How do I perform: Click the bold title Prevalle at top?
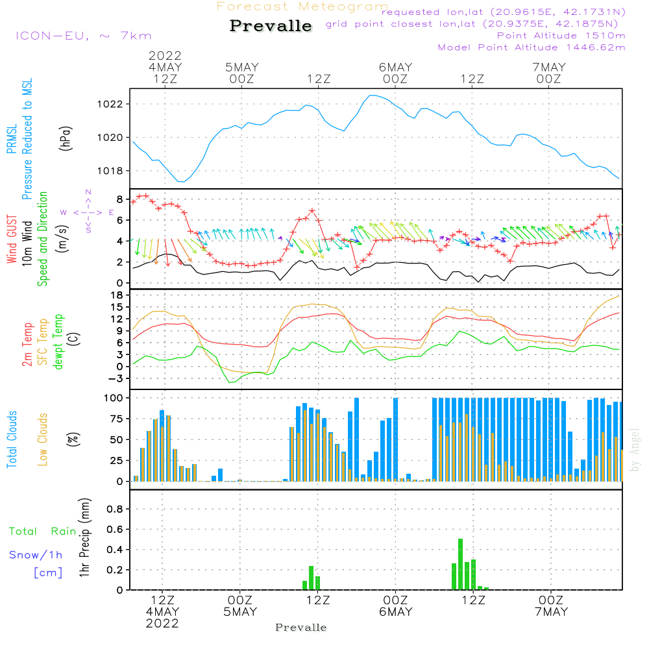tap(271, 26)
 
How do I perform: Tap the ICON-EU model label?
tap(83, 36)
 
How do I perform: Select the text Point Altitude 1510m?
tap(561, 36)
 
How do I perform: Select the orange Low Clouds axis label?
tap(43, 439)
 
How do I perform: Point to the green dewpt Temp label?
tap(59, 342)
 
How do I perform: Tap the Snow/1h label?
tap(36, 555)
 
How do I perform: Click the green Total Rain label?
tap(43, 532)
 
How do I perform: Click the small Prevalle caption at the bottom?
tap(301, 628)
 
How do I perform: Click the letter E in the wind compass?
tap(111, 212)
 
